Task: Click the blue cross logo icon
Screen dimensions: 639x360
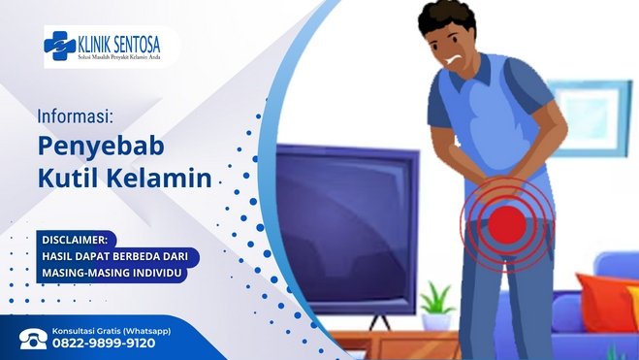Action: pos(59,46)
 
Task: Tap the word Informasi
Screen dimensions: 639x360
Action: pos(75,116)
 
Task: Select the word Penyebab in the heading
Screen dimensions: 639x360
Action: pos(101,147)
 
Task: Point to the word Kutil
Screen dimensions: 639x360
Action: pos(69,179)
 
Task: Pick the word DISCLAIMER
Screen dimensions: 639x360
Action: pos(75,240)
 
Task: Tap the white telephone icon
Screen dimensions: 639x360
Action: pos(33,339)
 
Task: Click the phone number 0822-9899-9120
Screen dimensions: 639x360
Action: pos(104,344)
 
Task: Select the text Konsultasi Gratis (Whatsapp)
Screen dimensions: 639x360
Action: pos(112,331)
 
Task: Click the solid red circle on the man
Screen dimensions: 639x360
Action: pos(507,225)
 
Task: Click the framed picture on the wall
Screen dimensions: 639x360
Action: pos(591,118)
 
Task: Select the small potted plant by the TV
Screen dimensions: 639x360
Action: pos(436,306)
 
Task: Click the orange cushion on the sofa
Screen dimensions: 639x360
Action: pos(604,301)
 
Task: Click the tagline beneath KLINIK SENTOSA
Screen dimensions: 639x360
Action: pos(119,56)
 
